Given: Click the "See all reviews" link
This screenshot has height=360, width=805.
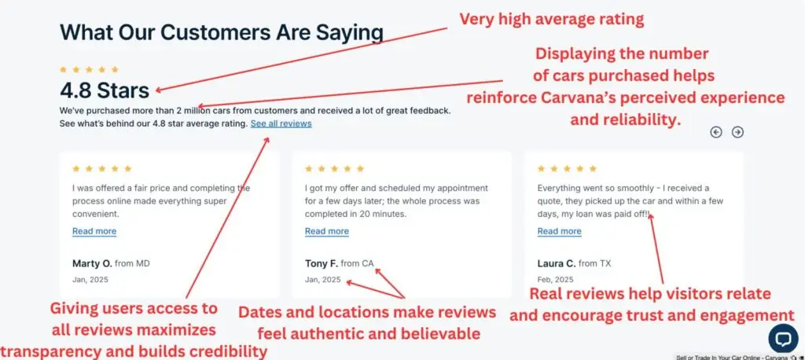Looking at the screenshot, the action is point(281,123).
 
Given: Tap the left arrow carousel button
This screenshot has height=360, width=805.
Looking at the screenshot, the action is point(716,133).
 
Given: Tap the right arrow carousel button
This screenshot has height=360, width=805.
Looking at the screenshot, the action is point(737,133).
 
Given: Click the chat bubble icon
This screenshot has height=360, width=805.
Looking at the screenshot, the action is point(784,339).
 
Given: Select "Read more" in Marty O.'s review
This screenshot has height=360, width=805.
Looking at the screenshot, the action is point(94,231).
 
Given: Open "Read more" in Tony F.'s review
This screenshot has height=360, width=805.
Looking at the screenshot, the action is point(327,231).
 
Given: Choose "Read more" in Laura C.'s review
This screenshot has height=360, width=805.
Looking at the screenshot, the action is point(560,231).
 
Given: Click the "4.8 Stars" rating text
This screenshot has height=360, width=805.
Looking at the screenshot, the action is point(105,90).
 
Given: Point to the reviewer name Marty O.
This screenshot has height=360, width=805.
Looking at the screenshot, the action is point(92,263).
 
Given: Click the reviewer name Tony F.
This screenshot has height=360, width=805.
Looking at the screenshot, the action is point(322,263).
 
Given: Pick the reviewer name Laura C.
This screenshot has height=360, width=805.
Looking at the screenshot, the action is point(557,263).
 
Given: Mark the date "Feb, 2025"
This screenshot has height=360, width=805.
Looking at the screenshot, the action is point(556,280).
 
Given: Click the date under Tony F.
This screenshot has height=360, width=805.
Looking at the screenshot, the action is point(322,280).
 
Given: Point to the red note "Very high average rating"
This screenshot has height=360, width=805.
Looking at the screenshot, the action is point(551,20).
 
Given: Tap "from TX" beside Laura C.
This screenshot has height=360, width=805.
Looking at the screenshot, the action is point(594,263).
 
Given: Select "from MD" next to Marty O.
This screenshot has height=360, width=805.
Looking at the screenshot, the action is point(132,263).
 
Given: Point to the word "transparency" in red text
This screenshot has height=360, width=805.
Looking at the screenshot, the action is point(46,352).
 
